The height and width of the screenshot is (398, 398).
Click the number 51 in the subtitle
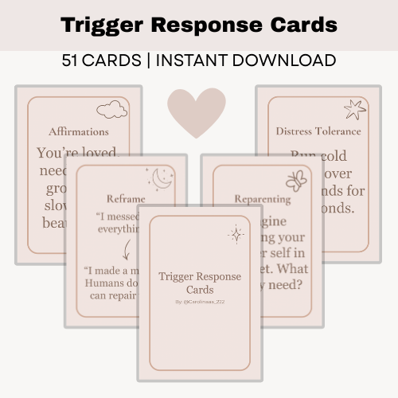pos(73,61)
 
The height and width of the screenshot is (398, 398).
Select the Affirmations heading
pos(79,131)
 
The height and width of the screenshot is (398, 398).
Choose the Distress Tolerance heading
pos(318,131)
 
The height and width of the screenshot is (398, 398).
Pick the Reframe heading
pos(126,199)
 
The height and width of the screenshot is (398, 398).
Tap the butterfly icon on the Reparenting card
pos(296,180)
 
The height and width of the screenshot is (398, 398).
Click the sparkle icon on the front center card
pos(236,234)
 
